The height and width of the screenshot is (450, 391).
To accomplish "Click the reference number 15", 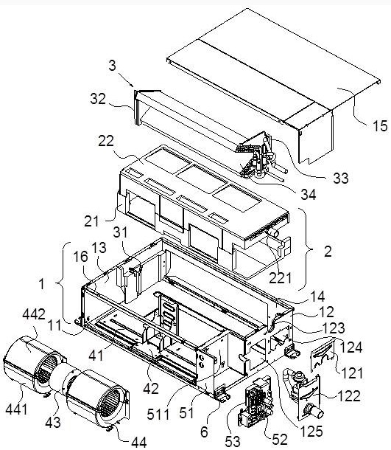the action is pos(380,125).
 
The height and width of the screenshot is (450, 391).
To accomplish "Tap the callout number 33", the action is pos(341,178).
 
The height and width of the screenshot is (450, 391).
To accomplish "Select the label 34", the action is pos(309,195).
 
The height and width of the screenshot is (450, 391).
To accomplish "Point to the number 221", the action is pos(280,278).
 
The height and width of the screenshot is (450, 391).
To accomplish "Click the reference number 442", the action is pos(34,314).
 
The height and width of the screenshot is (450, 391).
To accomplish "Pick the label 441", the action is pos(16,409).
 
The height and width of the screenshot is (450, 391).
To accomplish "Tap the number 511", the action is pos(158,415).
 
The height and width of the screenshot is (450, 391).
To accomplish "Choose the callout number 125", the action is pos(311,431).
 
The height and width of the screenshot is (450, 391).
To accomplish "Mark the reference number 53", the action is pos(233,441).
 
